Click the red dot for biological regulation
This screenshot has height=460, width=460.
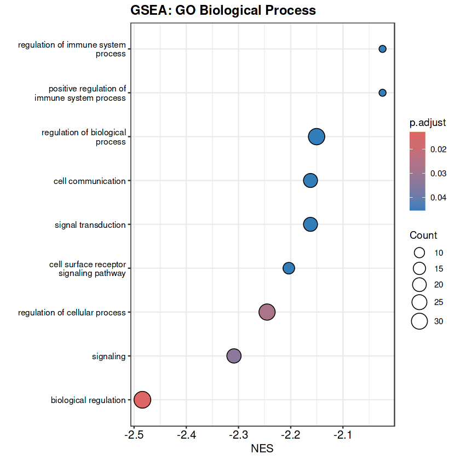(x=142, y=400)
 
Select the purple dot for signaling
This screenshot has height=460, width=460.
(x=234, y=356)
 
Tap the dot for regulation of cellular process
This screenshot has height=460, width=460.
(x=267, y=312)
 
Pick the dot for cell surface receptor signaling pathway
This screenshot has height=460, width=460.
(x=289, y=268)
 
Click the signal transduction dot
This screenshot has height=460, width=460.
(x=311, y=225)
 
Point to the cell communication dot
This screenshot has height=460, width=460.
(x=311, y=181)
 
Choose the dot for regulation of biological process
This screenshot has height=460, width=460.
(x=317, y=137)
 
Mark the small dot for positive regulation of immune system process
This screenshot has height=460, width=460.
(x=383, y=93)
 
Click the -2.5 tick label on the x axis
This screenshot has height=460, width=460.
(x=134, y=435)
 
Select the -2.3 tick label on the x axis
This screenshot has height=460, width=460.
(x=239, y=435)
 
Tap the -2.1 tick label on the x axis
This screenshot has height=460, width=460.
(x=343, y=435)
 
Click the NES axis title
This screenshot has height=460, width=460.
(x=262, y=449)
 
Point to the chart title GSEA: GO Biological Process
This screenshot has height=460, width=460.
(x=223, y=10)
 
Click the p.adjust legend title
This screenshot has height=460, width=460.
(x=428, y=122)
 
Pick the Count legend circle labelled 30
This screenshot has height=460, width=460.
(x=419, y=321)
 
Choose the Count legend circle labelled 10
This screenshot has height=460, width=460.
(x=419, y=253)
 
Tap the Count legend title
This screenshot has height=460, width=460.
(x=423, y=235)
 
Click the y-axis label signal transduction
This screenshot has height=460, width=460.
(x=90, y=225)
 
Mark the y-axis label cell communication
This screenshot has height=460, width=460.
(x=90, y=181)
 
